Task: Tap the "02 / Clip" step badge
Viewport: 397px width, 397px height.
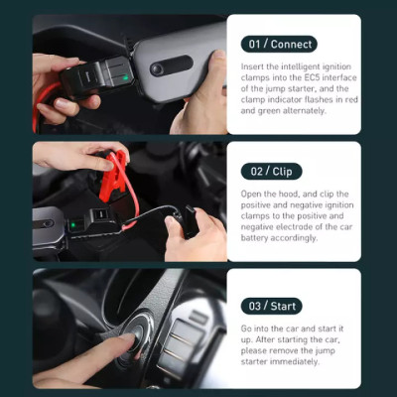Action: click(271, 171)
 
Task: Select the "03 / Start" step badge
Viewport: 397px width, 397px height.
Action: click(272, 306)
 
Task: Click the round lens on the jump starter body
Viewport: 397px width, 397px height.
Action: click(157, 68)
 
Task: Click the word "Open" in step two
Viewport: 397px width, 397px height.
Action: click(252, 193)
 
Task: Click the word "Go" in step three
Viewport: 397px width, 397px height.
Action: click(247, 328)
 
